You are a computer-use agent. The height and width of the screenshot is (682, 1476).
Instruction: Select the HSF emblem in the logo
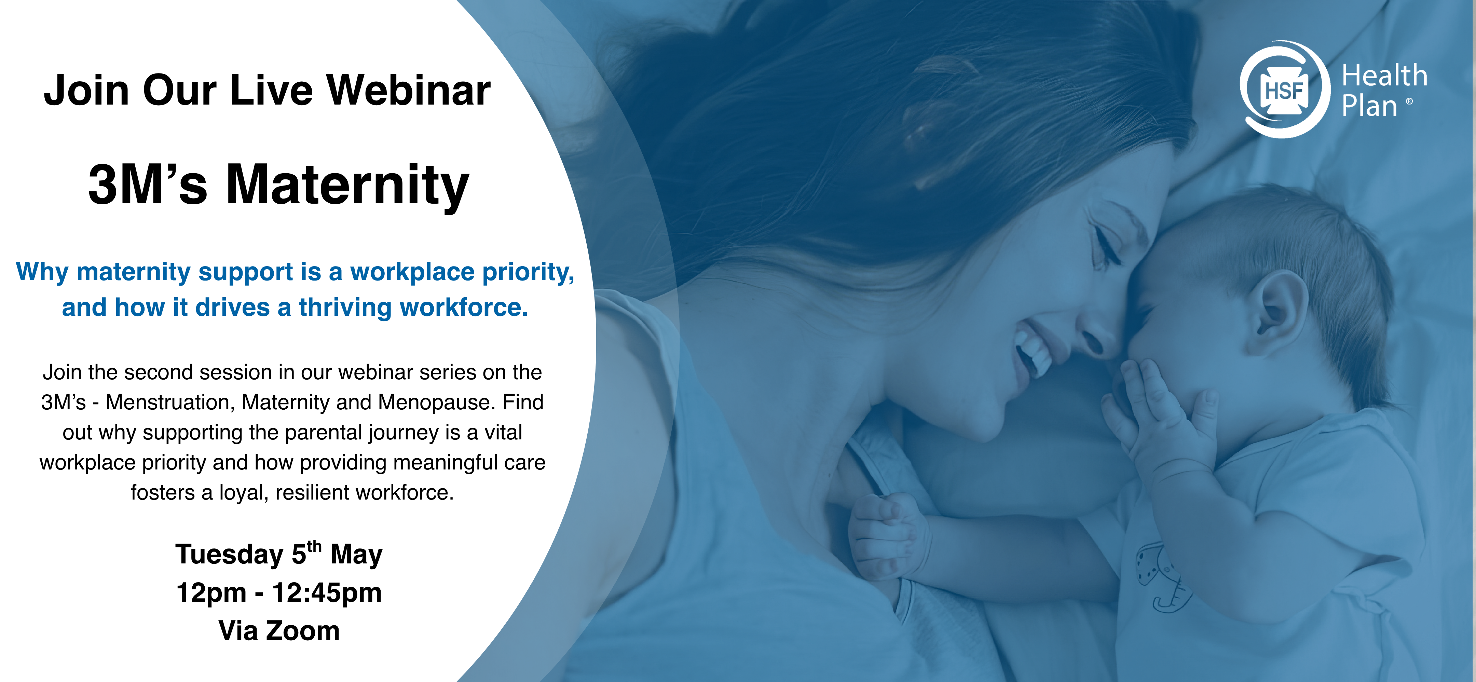pyautogui.click(x=1284, y=90)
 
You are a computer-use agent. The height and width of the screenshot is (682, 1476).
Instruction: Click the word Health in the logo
pyautogui.click(x=1384, y=76)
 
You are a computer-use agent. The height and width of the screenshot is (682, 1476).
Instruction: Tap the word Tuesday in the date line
pyautogui.click(x=229, y=555)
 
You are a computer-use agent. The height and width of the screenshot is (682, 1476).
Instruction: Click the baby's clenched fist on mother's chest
pyautogui.click(x=885, y=536)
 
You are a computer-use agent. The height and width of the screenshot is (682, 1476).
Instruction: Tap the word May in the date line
pyautogui.click(x=356, y=555)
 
